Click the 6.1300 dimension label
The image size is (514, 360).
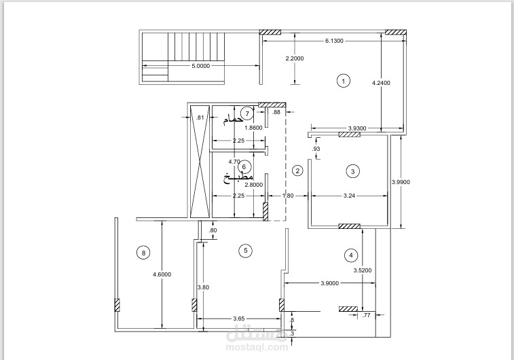click(334, 41)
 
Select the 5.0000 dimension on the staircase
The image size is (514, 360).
click(200, 66)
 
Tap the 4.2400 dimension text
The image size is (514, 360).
click(381, 83)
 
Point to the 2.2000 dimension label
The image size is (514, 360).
click(295, 58)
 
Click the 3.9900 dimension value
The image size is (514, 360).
click(401, 182)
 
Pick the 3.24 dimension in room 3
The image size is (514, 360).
click(349, 196)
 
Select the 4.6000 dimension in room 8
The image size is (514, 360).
click(162, 274)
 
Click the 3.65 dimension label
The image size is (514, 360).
click(238, 319)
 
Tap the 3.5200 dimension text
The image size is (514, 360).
click(363, 270)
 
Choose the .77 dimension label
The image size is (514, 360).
click(366, 315)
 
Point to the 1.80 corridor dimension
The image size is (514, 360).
click(288, 196)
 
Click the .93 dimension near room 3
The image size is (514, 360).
click(316, 149)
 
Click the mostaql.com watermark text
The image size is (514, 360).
click(257, 347)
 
